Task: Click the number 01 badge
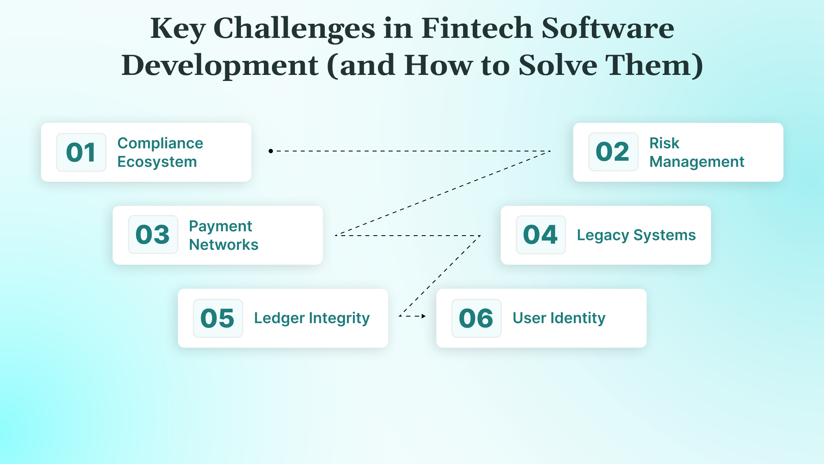81,152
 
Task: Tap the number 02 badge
613,152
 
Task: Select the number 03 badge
153,234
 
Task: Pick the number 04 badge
540,234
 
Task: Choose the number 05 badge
218,318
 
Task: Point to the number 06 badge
476,318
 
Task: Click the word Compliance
160,143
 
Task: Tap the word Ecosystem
157,162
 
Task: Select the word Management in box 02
696,162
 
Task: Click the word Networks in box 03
224,244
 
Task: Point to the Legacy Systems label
636,235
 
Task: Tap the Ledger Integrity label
312,318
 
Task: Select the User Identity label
558,318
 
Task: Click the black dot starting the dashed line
271,151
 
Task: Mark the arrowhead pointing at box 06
423,316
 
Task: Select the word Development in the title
220,65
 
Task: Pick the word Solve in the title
558,65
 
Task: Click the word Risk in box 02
664,143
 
